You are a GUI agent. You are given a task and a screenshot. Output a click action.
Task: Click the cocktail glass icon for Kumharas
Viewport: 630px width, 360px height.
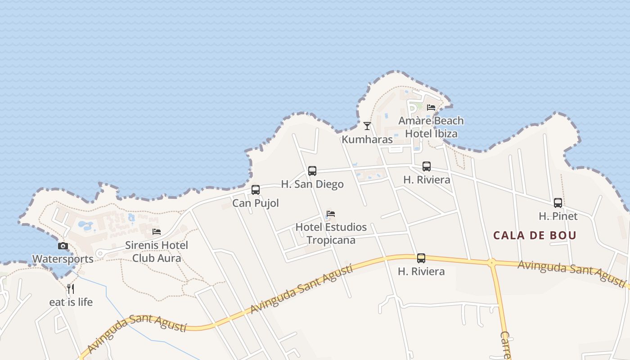pos(367,126)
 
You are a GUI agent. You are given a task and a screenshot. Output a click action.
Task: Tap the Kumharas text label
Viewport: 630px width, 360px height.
pos(367,139)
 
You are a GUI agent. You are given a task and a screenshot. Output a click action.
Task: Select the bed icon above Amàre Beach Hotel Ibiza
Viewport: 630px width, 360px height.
pos(431,108)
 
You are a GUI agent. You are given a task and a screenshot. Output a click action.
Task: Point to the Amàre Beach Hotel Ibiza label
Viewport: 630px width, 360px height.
pos(431,127)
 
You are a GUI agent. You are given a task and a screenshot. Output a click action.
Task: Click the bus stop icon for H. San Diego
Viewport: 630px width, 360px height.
pos(312,171)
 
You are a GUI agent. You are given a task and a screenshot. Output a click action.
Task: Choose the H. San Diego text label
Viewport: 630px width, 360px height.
pos(312,184)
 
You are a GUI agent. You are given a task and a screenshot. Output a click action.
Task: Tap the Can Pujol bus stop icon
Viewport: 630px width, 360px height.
pos(256,190)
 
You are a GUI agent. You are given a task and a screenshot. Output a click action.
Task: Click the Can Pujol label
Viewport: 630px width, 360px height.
pos(256,203)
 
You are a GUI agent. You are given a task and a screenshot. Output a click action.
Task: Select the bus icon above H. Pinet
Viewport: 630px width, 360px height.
pos(558,203)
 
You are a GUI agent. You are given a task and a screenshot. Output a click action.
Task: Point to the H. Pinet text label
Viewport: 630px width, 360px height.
pos(558,216)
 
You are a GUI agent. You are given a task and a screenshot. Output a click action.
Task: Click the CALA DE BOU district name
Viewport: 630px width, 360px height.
pos(535,235)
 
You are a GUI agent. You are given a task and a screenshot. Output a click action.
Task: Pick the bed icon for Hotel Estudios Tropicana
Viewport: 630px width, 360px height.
pos(331,214)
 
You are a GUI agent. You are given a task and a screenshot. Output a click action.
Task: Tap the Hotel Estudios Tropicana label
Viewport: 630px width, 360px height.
pos(331,234)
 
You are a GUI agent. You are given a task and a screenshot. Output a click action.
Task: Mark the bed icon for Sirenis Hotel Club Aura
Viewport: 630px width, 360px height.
pos(157,232)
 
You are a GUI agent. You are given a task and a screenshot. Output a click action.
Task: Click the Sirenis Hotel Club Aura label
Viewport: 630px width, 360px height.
pos(157,252)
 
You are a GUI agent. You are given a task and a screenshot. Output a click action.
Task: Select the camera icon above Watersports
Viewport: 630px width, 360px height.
pos(63,246)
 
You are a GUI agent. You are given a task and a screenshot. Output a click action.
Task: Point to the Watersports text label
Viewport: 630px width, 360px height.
pos(63,259)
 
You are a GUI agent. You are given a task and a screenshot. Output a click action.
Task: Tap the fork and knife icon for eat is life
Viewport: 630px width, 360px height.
pos(71,288)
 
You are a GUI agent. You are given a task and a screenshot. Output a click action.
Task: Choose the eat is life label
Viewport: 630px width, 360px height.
pos(71,302)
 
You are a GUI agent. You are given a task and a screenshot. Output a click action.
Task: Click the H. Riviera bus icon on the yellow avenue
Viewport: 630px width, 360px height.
pos(421,258)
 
